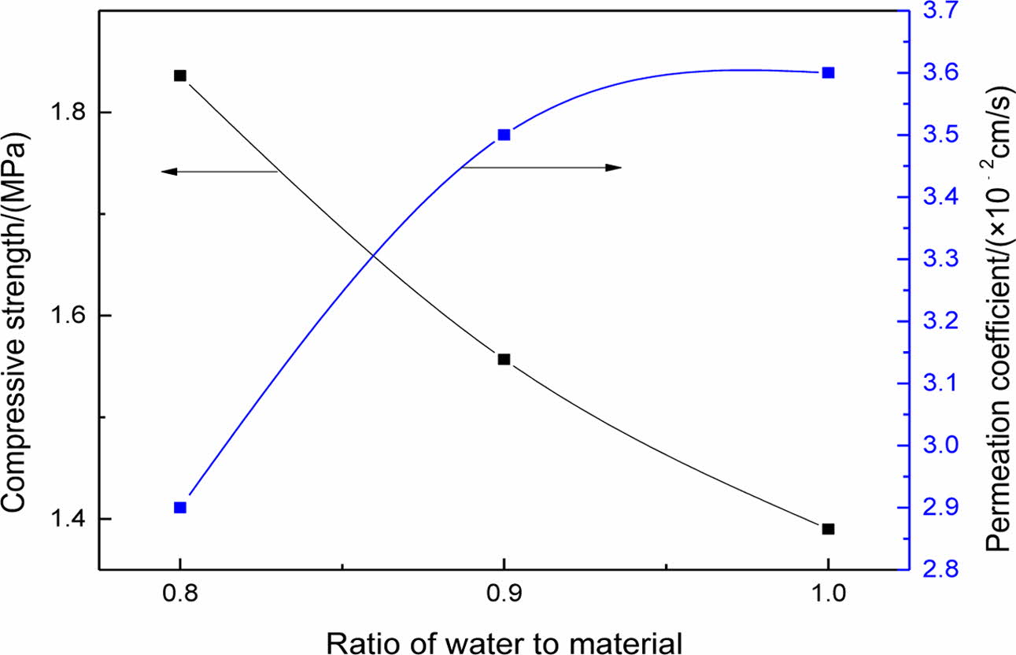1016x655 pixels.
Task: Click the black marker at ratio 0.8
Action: pos(180,76)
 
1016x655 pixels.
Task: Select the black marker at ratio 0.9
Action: pos(504,359)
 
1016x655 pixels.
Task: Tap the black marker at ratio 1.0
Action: pos(828,529)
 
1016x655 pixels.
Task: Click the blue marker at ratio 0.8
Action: pos(180,508)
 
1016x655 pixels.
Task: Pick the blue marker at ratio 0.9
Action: pos(504,135)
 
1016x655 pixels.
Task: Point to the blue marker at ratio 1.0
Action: pos(828,72)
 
